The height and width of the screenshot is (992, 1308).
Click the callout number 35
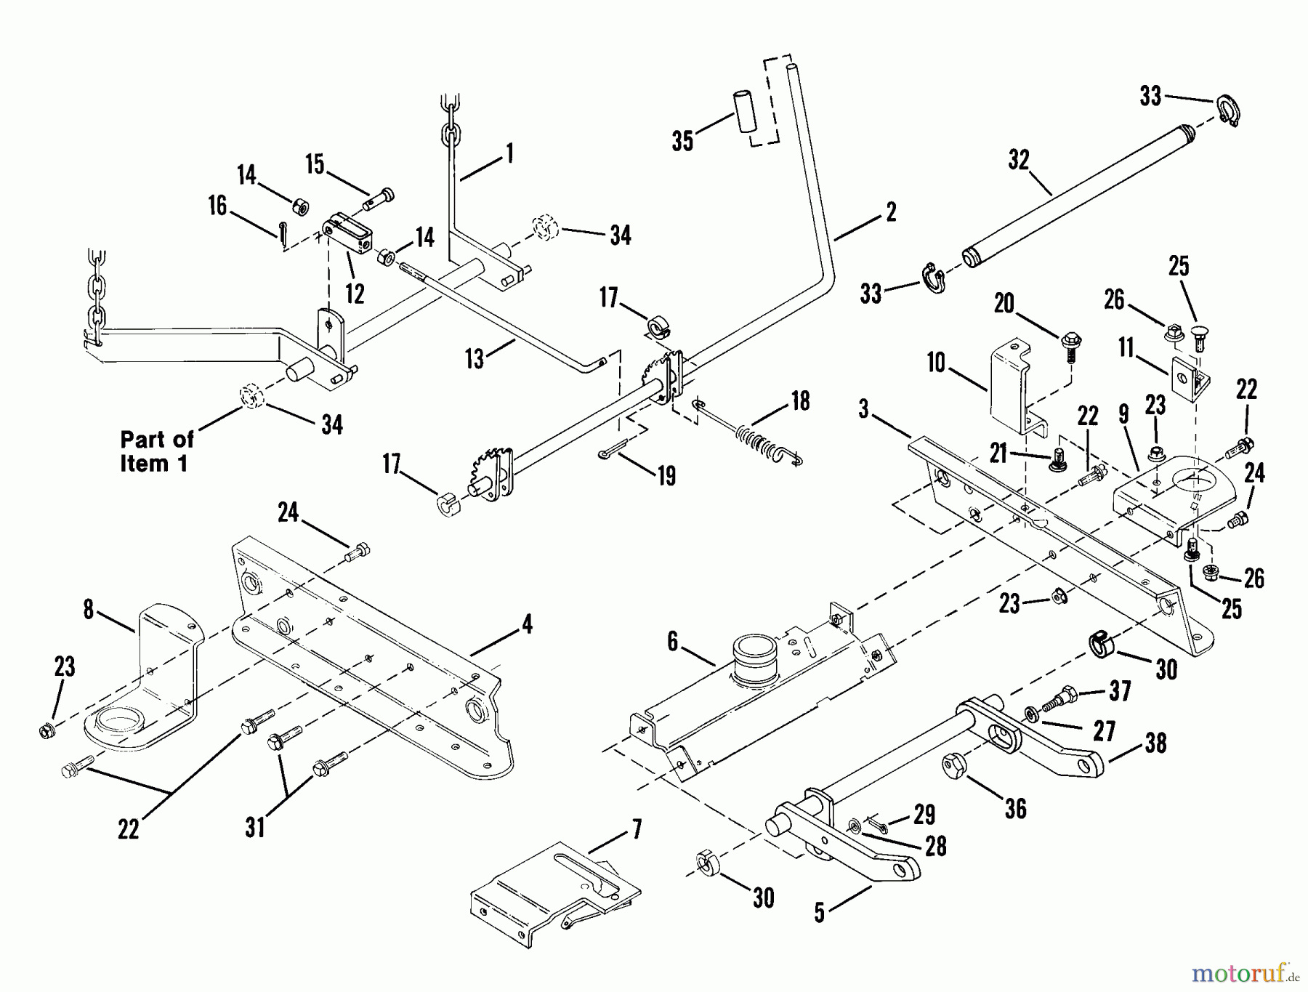click(x=682, y=141)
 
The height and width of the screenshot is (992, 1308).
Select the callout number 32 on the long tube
click(x=1019, y=161)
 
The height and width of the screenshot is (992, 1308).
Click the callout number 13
click(x=475, y=358)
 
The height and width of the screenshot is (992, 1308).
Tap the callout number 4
click(x=527, y=624)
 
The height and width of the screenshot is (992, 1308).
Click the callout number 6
click(x=672, y=641)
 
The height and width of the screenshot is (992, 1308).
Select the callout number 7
click(x=637, y=830)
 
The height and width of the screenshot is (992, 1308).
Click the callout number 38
click(x=1155, y=743)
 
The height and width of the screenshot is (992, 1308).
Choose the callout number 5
click(x=820, y=913)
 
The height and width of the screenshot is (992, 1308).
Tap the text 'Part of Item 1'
click(x=156, y=451)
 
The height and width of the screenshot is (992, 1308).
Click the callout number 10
click(x=936, y=362)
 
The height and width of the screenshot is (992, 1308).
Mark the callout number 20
click(x=1004, y=304)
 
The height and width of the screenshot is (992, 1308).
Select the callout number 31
click(x=255, y=828)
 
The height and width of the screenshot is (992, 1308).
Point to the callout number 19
click(x=666, y=476)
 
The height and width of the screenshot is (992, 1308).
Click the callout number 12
click(x=355, y=293)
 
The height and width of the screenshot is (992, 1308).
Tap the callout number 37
click(x=1120, y=690)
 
